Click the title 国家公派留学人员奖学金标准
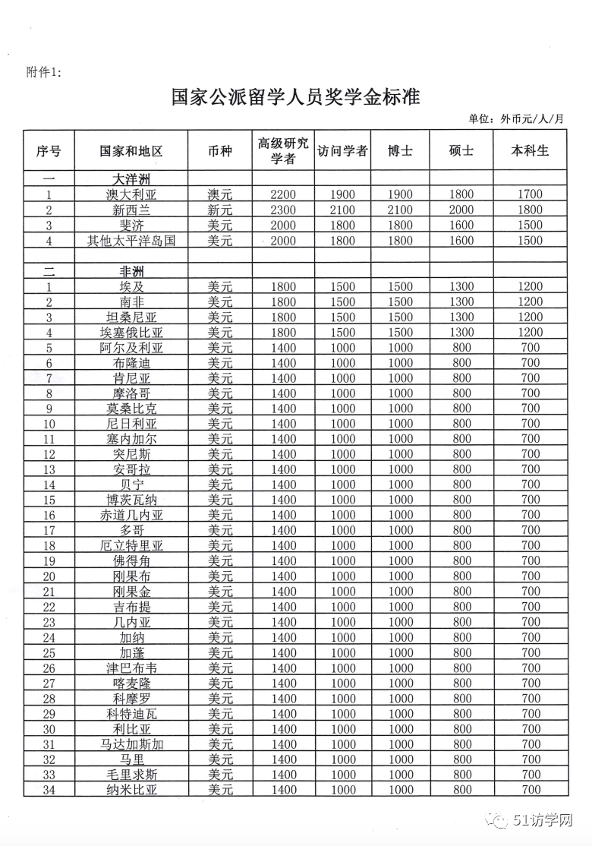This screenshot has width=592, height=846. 295,97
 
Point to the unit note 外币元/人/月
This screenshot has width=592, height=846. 534,118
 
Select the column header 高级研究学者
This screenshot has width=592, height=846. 283,150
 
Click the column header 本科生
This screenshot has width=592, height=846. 531,150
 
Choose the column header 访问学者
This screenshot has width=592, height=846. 342,150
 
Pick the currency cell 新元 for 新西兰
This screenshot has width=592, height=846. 220,210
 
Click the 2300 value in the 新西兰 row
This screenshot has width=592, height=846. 283,210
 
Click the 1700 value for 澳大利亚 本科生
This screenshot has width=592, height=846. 531,194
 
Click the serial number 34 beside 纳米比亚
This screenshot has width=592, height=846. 49,790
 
